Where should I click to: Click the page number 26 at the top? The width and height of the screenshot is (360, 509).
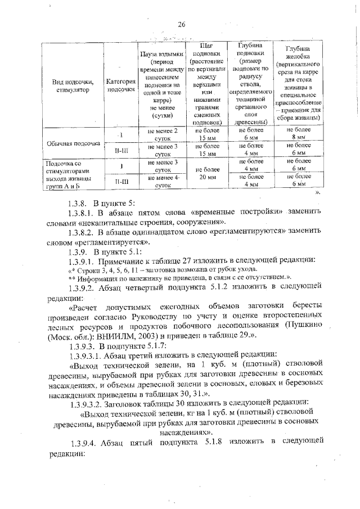point(181,24)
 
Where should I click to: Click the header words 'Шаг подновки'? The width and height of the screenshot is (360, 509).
point(204,50)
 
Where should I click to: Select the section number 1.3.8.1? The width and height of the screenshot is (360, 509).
point(78,210)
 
